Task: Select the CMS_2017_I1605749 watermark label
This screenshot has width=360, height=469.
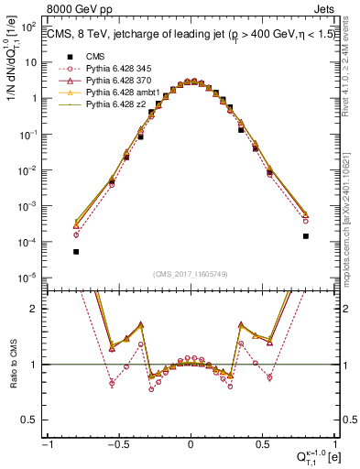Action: click(x=191, y=275)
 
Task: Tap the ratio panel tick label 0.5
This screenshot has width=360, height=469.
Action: click(x=33, y=420)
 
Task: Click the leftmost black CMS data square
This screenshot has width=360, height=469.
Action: click(x=76, y=251)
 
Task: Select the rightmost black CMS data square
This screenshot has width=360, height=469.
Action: click(x=305, y=235)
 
